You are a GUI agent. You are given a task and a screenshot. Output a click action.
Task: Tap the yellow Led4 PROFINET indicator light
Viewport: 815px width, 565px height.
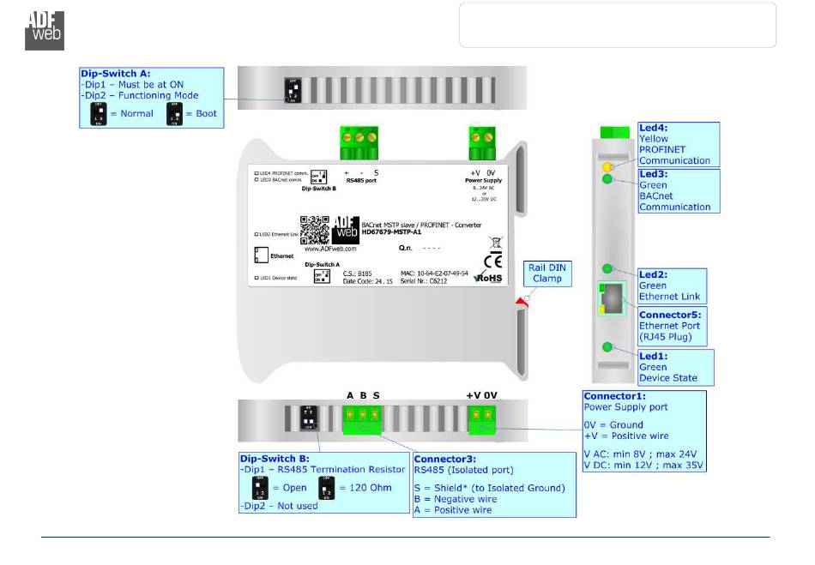coord(607,165)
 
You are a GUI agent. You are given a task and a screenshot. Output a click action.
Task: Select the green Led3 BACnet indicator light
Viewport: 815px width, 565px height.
coord(607,179)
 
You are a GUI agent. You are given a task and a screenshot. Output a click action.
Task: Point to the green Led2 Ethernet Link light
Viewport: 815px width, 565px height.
coord(607,269)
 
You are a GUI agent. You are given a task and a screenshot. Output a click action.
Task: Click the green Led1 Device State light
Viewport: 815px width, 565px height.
coord(607,347)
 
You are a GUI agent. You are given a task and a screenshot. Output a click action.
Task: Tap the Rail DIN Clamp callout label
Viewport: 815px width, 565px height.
coord(546,273)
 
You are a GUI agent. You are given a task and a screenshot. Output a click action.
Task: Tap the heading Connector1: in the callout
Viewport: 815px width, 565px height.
coord(615,396)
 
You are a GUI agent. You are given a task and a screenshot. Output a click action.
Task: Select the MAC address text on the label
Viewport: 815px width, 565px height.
coord(434,273)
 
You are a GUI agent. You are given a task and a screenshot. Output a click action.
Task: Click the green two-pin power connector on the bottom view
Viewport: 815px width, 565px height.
coord(481,416)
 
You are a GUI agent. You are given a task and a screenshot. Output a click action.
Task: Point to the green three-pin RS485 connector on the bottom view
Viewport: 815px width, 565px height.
coord(362,417)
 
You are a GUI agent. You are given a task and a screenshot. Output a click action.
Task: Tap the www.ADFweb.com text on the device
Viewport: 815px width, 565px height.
coord(331,249)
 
